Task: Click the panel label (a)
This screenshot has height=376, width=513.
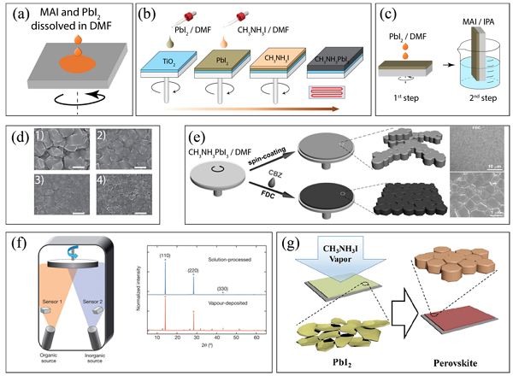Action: tap(17, 15)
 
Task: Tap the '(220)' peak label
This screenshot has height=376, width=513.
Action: tap(290, 268)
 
